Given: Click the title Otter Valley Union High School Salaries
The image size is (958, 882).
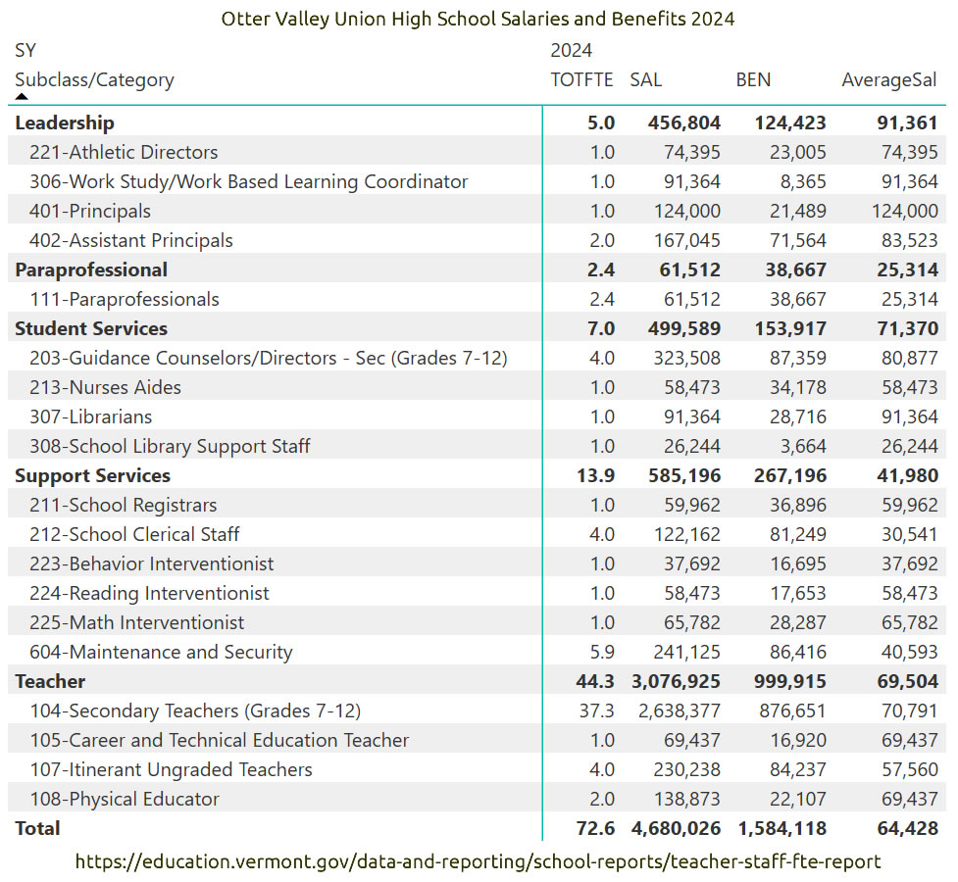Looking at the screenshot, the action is click(x=478, y=19).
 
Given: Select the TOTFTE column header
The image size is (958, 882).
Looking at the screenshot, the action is click(x=581, y=80).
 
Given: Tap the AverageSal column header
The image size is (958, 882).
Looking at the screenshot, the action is click(x=889, y=80).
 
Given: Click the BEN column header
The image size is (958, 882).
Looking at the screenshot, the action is click(x=753, y=80).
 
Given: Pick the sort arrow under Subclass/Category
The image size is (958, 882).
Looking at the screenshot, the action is click(x=22, y=96).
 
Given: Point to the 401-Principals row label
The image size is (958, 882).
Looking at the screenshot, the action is click(x=90, y=212).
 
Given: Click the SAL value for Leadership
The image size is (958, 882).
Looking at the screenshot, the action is click(x=684, y=122).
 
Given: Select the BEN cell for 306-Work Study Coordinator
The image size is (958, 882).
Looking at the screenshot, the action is click(x=803, y=181).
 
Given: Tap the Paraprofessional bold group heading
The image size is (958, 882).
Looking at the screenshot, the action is click(x=91, y=269).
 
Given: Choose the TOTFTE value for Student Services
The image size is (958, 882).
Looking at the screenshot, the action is click(x=601, y=328).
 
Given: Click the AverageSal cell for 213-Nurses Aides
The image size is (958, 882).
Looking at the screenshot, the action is click(x=910, y=387).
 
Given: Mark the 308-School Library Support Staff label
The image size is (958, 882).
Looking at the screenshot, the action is click(x=170, y=447).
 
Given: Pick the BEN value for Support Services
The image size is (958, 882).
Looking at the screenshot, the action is click(x=790, y=476).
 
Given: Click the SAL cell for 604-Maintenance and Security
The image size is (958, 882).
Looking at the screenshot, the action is click(x=686, y=653).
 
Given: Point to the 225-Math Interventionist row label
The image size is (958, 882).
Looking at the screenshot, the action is click(x=137, y=622).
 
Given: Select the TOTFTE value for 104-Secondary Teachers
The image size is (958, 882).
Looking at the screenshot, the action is click(x=597, y=710).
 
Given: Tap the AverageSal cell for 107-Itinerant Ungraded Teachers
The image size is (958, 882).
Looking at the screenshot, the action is click(x=910, y=769).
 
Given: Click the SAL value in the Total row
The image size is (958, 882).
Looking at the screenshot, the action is click(x=677, y=829).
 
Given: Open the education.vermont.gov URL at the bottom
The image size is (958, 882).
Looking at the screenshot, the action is click(x=478, y=861).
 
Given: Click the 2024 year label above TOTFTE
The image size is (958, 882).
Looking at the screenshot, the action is click(x=572, y=50).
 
